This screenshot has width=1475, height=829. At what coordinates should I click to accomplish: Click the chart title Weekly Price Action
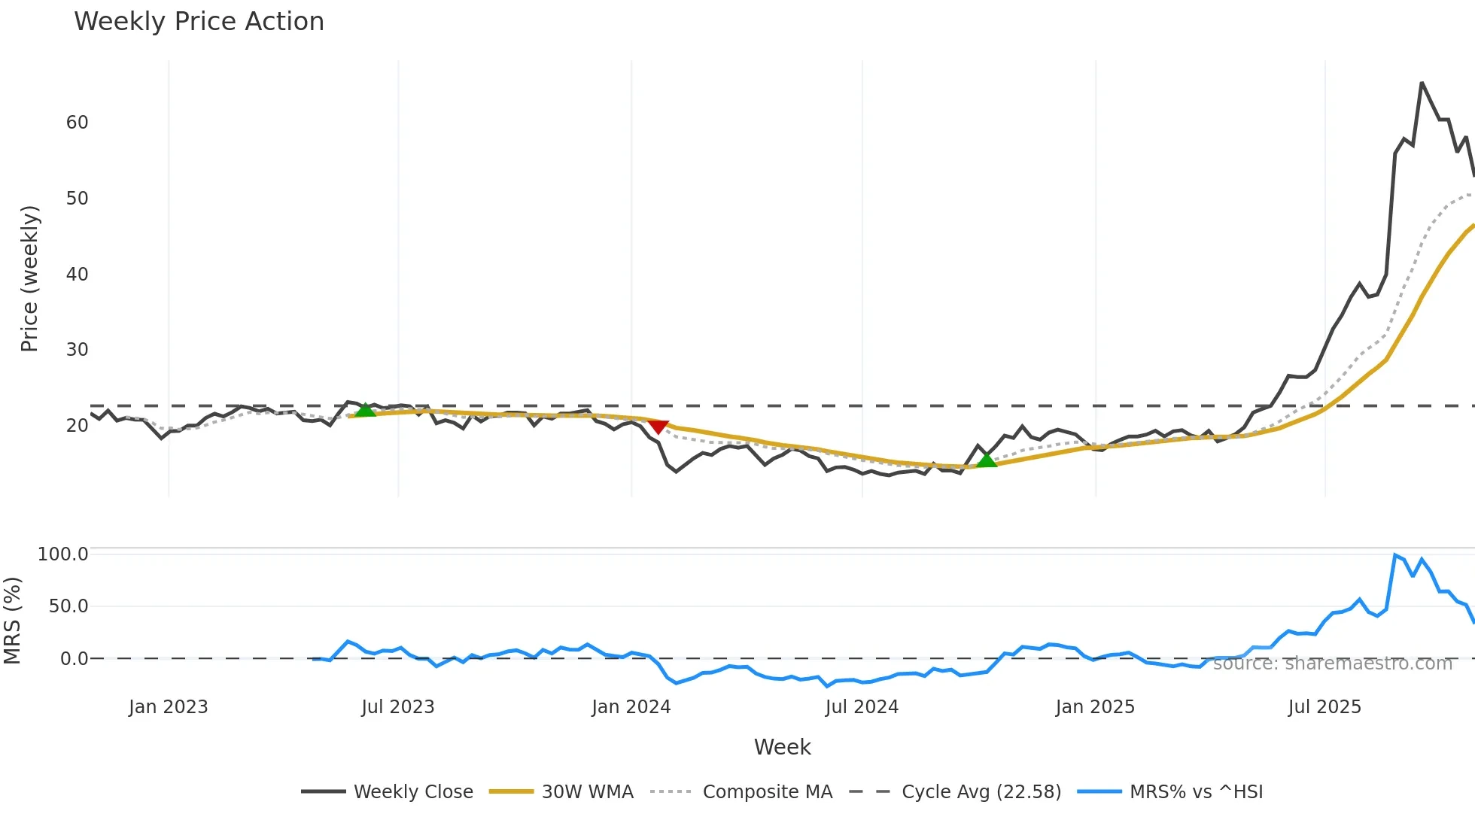(199, 22)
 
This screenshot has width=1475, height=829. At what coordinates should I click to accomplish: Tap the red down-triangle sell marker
(658, 427)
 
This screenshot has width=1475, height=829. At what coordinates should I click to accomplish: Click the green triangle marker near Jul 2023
(365, 410)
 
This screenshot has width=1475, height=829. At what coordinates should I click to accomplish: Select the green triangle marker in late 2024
(986, 460)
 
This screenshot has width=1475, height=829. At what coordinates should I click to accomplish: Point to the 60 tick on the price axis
(77, 123)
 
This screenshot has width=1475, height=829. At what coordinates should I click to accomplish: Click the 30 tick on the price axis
(77, 350)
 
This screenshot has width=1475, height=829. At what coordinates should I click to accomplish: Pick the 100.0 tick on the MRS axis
(63, 554)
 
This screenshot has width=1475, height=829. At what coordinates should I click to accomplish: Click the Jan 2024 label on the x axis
(631, 707)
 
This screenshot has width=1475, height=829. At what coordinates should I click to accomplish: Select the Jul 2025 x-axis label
(1324, 707)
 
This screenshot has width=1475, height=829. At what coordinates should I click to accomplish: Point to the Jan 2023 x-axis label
(168, 707)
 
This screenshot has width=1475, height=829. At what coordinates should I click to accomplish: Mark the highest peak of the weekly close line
(1422, 83)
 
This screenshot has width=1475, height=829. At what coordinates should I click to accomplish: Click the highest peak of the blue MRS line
(1395, 555)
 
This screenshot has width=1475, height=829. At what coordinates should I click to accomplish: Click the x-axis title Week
(782, 747)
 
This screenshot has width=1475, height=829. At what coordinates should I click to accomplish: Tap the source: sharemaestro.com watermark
(1332, 664)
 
